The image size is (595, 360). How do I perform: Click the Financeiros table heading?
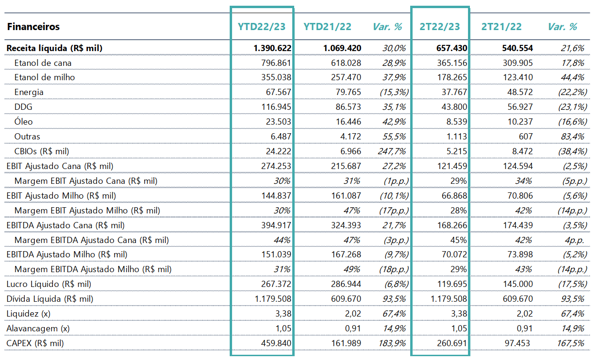pyautogui.click(x=33, y=27)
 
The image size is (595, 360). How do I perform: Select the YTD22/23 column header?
pyautogui.click(x=262, y=27)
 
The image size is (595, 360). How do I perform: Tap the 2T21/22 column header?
pyautogui.click(x=501, y=27)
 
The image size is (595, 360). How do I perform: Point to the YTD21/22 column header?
pyautogui.click(x=327, y=27)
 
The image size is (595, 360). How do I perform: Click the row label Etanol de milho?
pyautogui.click(x=44, y=77)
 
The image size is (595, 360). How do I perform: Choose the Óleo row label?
pyautogui.click(x=24, y=121)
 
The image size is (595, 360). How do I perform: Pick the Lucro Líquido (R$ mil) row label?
pyautogui.click(x=49, y=284)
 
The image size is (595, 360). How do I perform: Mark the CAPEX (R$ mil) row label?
pyautogui.click(x=35, y=343)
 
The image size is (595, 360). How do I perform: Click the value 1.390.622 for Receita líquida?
pyautogui.click(x=273, y=48)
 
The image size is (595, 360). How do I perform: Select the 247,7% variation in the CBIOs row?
pyautogui.click(x=392, y=151)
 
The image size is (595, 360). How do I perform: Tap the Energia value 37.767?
pyautogui.click(x=454, y=92)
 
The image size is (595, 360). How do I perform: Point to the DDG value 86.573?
pyautogui.click(x=349, y=107)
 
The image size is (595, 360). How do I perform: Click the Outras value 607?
pyautogui.click(x=526, y=137)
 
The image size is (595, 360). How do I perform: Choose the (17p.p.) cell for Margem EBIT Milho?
pyautogui.click(x=394, y=211)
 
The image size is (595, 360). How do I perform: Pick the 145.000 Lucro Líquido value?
pyautogui.click(x=518, y=284)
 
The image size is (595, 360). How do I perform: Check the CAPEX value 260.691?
pyautogui.click(x=452, y=343)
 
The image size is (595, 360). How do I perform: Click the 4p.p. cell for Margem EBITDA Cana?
pyautogui.click(x=574, y=240)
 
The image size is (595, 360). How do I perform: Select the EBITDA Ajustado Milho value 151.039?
pyautogui.click(x=276, y=254)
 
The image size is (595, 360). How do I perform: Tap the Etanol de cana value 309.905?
pyautogui.click(x=518, y=63)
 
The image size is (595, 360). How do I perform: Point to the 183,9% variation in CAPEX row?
pyautogui.click(x=392, y=343)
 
